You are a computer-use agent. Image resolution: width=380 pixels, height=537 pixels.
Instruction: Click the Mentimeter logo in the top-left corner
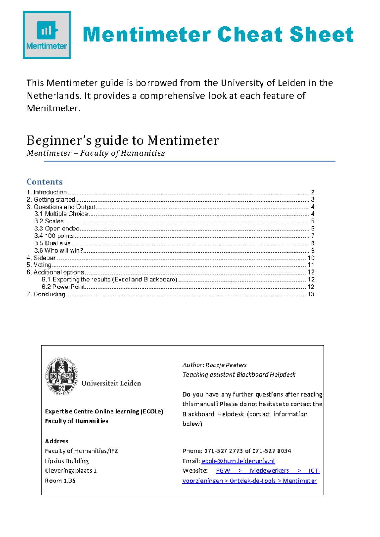point(47,35)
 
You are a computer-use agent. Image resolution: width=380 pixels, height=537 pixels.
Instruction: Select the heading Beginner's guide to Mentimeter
point(123,140)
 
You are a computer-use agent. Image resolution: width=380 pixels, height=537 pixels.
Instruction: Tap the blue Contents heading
point(45,182)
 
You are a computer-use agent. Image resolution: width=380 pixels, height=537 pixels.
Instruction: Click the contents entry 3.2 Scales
point(49,221)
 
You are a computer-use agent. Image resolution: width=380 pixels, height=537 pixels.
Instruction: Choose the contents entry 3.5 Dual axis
point(53,243)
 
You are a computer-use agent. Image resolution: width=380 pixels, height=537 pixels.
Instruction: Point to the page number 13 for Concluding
point(311,294)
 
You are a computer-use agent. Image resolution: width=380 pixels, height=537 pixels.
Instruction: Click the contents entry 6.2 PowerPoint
point(63,287)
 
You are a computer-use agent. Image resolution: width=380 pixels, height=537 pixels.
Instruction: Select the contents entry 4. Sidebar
point(41,258)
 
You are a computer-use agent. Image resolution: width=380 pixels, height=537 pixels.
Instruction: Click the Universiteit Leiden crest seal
point(61,376)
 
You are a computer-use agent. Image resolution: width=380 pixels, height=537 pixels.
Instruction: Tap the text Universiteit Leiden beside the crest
point(111,383)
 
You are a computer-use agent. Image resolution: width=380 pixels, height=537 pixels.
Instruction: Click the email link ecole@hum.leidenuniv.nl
point(238,461)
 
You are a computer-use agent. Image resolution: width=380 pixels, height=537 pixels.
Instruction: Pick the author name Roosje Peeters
point(226,365)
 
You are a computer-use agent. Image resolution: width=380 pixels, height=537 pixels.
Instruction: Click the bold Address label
point(56,441)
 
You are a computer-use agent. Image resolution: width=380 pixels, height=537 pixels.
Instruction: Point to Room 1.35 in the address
point(60,481)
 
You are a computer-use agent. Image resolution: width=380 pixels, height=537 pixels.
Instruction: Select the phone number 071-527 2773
point(224,451)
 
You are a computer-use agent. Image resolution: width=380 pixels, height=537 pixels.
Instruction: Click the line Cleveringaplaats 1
point(71,471)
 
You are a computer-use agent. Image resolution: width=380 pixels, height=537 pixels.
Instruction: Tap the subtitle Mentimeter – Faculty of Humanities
point(96,153)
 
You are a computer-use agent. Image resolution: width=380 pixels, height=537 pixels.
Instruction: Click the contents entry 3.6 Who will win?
point(59,250)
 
